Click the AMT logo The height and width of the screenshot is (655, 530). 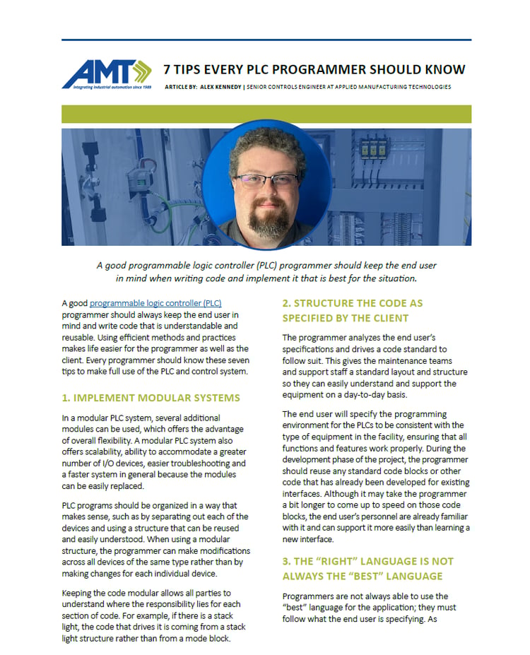(x=106, y=71)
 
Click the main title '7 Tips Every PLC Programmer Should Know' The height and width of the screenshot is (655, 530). (x=314, y=69)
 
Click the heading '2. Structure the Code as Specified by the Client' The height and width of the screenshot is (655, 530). (x=352, y=310)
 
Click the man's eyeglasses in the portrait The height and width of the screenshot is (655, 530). (x=266, y=179)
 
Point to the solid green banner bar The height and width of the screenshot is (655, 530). (x=266, y=114)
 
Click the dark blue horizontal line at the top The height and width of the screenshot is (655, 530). (x=266, y=40)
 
